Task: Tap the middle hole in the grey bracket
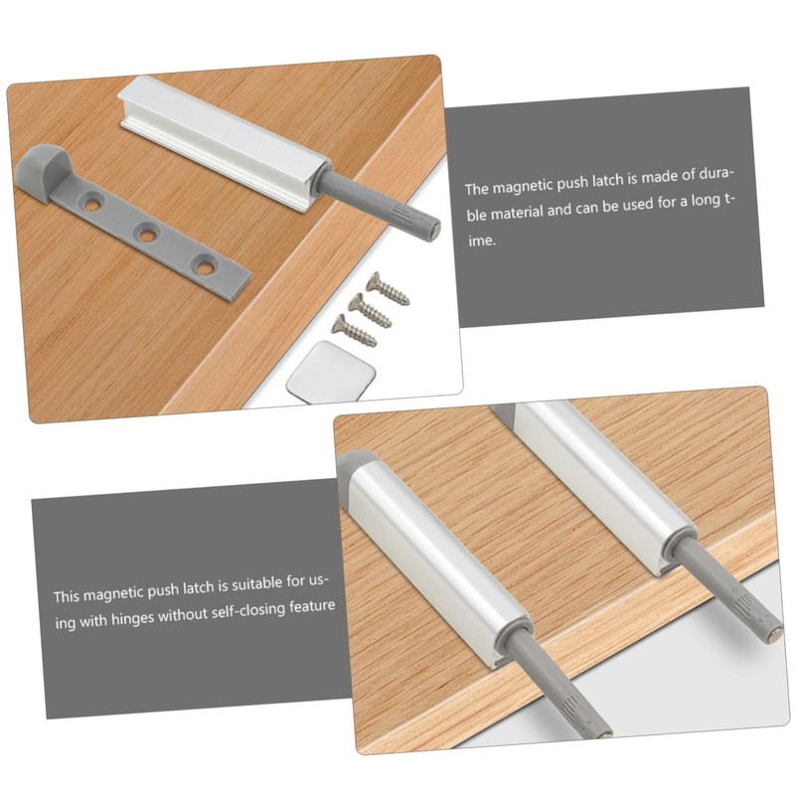click(148, 234)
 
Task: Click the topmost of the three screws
click(388, 288)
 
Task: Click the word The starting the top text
click(477, 187)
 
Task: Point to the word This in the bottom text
click(67, 597)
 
